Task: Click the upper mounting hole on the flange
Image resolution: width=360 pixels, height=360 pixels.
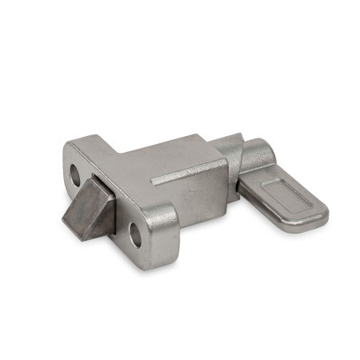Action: pos(78,171)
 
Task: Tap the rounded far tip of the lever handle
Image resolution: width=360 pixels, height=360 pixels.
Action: pos(321,216)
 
